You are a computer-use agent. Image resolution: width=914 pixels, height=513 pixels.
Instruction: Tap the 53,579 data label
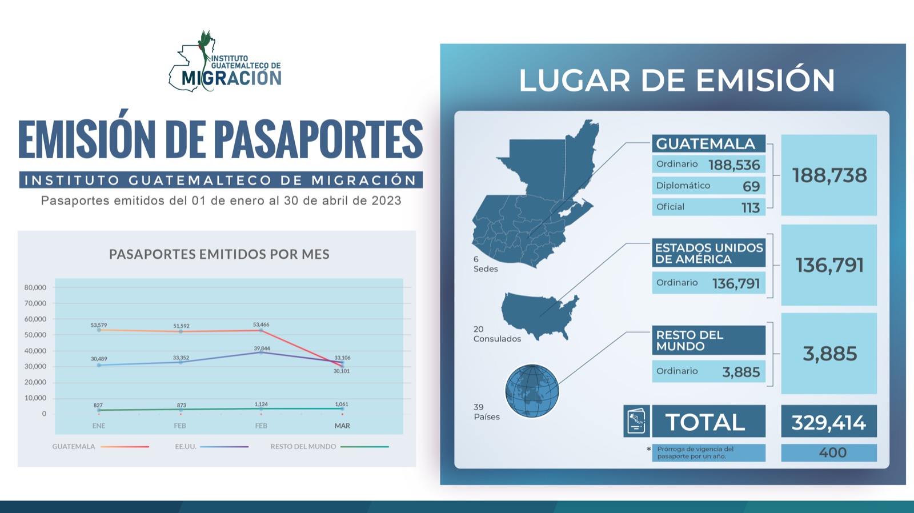tap(99, 325)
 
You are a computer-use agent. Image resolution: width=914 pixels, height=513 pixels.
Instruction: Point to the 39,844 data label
tap(262, 348)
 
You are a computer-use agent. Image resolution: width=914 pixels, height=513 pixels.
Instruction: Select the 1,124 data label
tap(261, 404)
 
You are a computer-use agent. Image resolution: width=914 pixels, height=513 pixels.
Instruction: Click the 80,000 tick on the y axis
tap(35, 287)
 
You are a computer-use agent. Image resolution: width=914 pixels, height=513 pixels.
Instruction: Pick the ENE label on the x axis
tap(99, 426)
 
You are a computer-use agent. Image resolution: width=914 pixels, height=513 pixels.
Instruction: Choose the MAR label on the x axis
tap(342, 426)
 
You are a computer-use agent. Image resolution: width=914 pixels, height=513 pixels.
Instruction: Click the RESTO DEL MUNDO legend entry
tap(330, 447)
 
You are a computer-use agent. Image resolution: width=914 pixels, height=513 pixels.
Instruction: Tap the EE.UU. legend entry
tap(211, 447)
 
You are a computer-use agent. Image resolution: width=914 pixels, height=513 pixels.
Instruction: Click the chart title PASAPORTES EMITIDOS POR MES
tap(219, 254)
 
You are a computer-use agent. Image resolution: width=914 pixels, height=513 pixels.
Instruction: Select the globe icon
tap(532, 391)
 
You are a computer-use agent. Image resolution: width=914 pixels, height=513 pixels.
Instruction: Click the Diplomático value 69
tap(751, 186)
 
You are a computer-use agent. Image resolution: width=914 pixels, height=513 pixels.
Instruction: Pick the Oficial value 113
tap(751, 208)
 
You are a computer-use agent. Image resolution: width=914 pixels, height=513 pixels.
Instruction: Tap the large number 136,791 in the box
tap(829, 265)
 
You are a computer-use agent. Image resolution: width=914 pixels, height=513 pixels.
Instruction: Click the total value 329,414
tap(829, 422)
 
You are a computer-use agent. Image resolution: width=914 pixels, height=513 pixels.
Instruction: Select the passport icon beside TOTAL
tap(636, 421)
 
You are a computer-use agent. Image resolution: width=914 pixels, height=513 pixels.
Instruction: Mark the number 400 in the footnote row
tap(832, 452)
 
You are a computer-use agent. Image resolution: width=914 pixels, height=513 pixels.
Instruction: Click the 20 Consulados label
tap(497, 334)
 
